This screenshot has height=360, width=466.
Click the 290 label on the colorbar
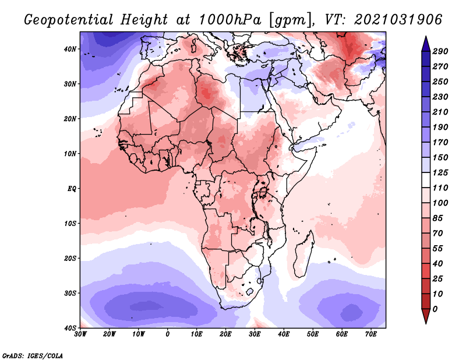pos(440,52)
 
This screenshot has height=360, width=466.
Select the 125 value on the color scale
pos(440,173)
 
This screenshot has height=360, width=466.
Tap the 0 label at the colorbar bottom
pos(435,309)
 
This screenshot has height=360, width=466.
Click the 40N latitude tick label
pos(70,49)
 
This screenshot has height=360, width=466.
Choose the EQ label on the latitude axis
pos(70,189)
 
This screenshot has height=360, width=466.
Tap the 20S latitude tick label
pos(70,259)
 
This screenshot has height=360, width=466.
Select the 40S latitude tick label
pos(70,328)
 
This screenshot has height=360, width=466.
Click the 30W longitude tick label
pos(80,334)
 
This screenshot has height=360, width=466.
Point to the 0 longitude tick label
pos(168,334)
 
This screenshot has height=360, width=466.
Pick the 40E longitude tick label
pos(284,334)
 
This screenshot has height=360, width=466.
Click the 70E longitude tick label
pos(371,334)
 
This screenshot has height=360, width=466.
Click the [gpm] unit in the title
pos(290,20)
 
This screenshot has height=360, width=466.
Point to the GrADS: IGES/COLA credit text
pos(33,355)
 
